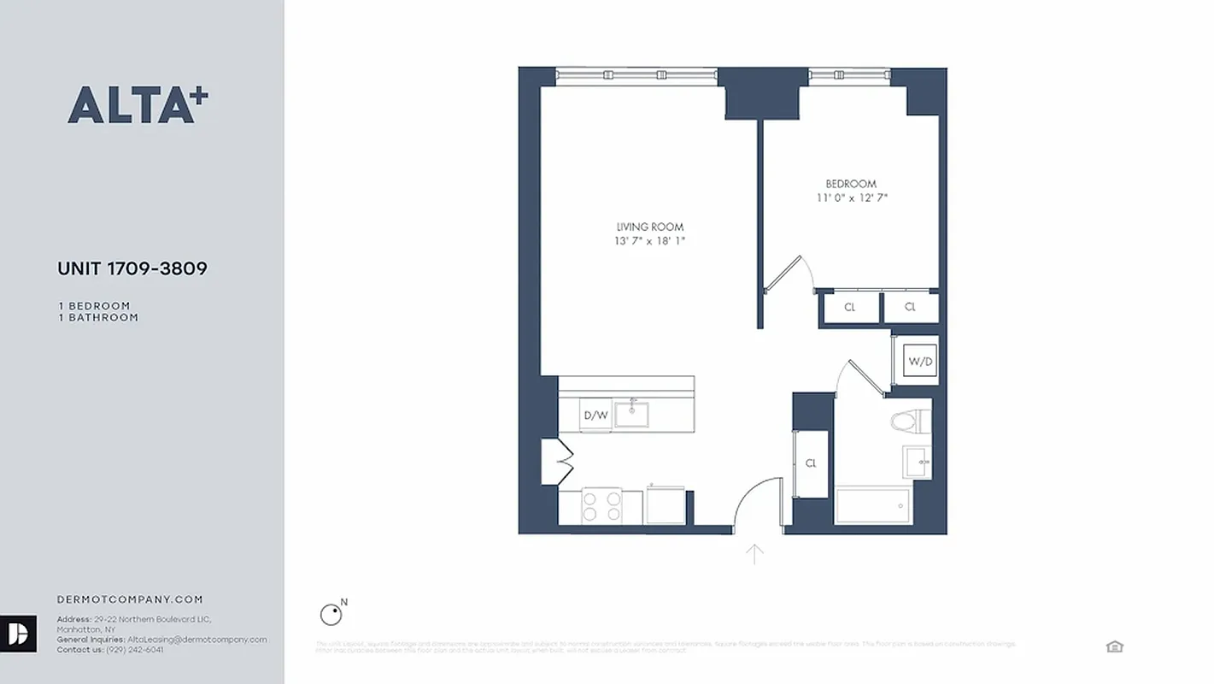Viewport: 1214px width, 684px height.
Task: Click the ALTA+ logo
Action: tap(138, 105)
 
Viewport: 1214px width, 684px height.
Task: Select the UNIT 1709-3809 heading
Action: tap(132, 268)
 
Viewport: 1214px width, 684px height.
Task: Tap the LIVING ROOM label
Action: tap(650, 227)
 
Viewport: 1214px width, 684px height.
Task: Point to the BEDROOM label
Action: tap(851, 184)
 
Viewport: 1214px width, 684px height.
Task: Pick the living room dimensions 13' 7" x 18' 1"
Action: tap(650, 242)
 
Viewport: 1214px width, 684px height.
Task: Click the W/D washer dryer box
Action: tap(920, 362)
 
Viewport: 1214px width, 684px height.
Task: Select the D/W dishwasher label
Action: tap(595, 416)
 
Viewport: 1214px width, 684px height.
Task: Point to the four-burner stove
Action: tap(601, 505)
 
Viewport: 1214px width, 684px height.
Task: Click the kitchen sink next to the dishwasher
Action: tap(632, 415)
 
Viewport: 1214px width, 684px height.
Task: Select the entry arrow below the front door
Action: tap(754, 554)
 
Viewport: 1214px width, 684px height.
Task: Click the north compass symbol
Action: tap(330, 614)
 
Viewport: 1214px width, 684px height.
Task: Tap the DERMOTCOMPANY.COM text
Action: tap(130, 600)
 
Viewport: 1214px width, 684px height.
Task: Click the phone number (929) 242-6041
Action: tap(134, 650)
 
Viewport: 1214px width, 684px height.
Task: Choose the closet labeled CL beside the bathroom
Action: tap(811, 463)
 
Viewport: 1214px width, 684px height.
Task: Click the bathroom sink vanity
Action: tap(918, 462)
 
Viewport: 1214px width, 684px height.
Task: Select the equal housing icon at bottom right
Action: tap(1114, 646)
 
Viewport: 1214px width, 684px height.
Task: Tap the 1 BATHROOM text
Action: tap(98, 317)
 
